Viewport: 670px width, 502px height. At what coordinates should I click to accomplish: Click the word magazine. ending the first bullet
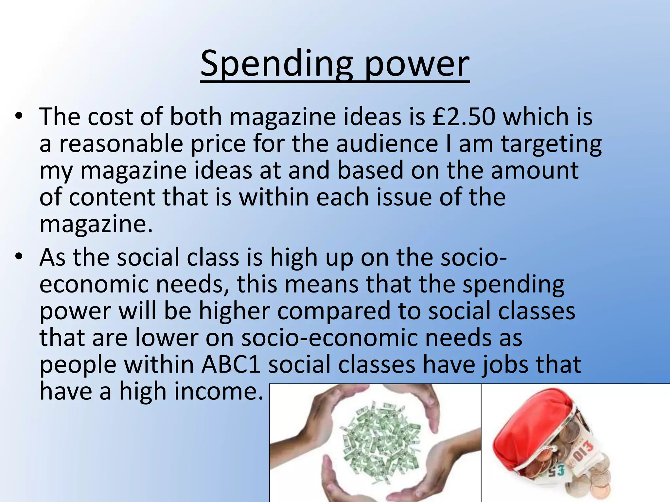click(96, 225)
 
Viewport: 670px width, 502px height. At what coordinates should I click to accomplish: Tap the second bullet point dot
click(19, 257)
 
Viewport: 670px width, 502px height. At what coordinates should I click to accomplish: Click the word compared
click(334, 311)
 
